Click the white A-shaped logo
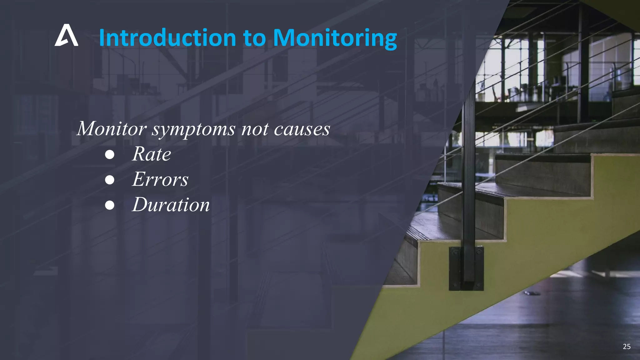[66, 36]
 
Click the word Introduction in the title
[167, 38]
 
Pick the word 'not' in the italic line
[255, 129]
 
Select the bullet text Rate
[152, 154]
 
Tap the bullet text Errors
[160, 179]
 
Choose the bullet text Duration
[171, 205]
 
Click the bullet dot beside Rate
[109, 155]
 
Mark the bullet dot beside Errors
[109, 180]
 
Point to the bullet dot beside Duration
[109, 205]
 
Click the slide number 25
[627, 346]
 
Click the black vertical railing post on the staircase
[468, 175]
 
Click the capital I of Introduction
[102, 38]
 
